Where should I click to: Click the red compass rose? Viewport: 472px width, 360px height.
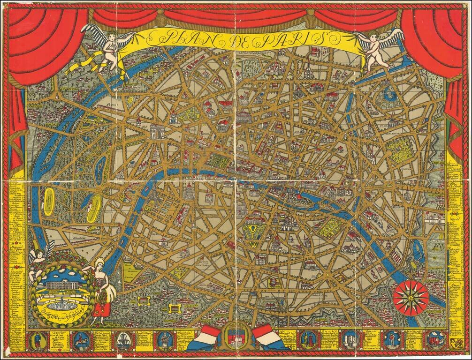(411, 297)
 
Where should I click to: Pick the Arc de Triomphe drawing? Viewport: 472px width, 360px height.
(158, 131)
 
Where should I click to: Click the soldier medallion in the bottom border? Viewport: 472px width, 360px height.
(36, 340)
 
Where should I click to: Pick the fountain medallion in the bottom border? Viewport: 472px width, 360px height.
(123, 340)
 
